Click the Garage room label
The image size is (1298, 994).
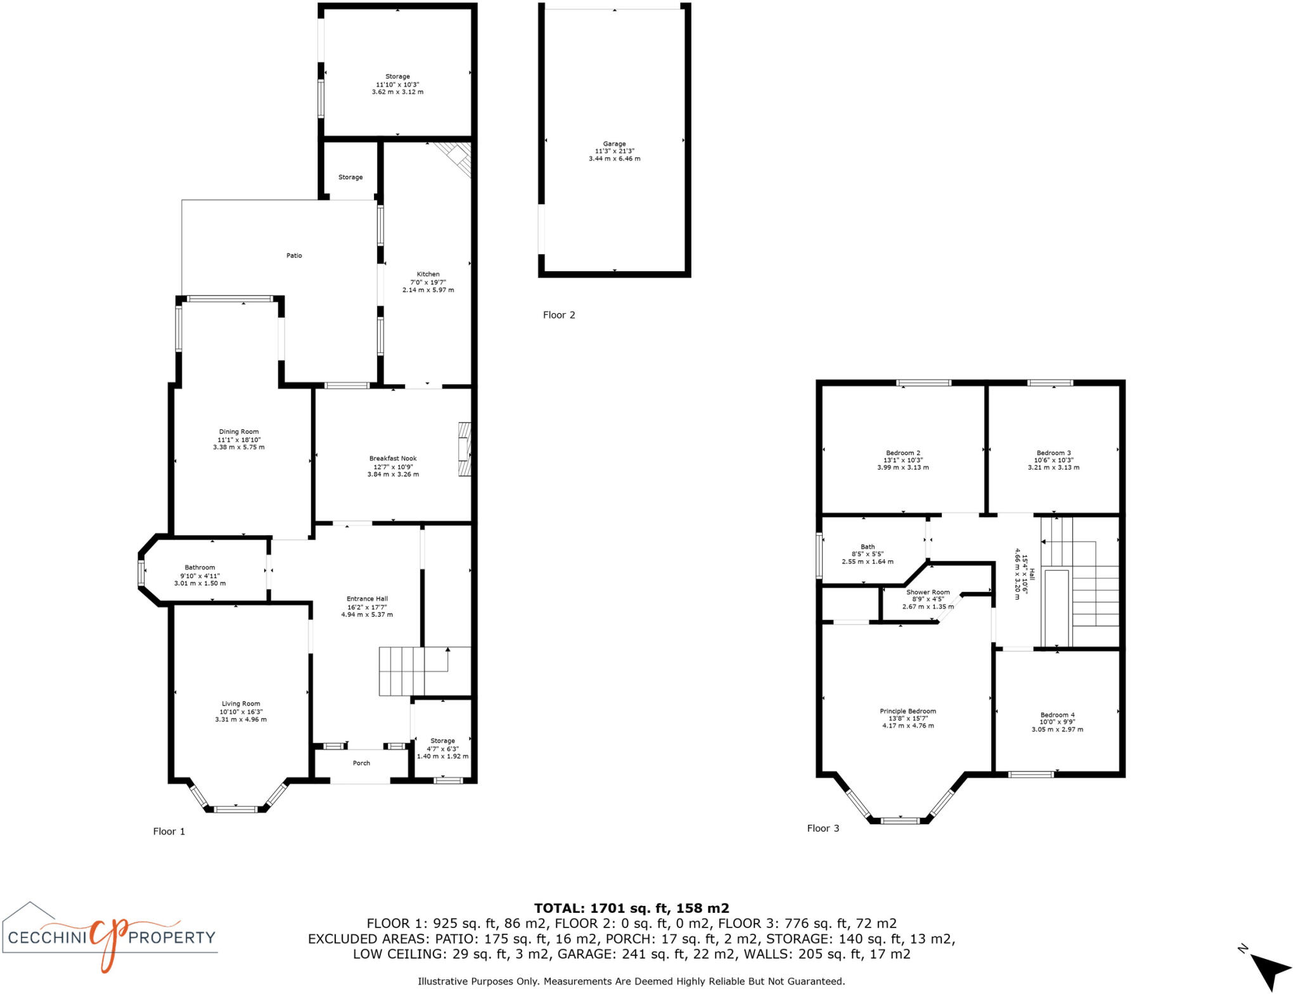pos(614,144)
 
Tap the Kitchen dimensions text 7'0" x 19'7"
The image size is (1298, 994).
pos(428,282)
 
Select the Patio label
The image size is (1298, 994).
pos(294,255)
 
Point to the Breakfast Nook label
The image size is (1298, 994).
pos(393,458)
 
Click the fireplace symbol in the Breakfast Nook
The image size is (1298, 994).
pos(465,449)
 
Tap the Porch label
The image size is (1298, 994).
pos(361,763)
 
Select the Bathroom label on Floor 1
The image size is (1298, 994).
pos(200,567)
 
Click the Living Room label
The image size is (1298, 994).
pos(241,704)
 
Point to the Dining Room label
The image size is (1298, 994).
pos(239,432)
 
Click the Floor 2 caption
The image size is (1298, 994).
pos(559,315)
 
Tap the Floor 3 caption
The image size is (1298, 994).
pos(823,828)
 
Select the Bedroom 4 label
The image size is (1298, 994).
pos(1057,715)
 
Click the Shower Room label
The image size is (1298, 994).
pos(928,592)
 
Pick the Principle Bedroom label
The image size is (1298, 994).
pos(908,711)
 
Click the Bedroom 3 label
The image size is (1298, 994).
pos(1053,453)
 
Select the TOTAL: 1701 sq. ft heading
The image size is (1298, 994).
pos(631,908)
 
